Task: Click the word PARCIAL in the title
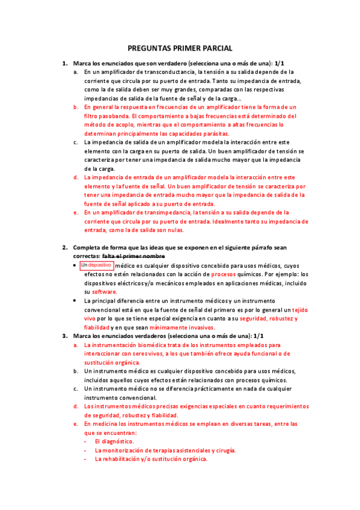click(x=217, y=49)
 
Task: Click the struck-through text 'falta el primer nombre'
click(x=138, y=256)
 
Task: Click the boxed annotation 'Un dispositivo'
click(x=96, y=265)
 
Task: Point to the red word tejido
click(x=299, y=309)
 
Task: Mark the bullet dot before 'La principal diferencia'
click(x=75, y=301)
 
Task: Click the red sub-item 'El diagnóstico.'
click(x=114, y=441)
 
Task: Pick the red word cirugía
click(x=224, y=450)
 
